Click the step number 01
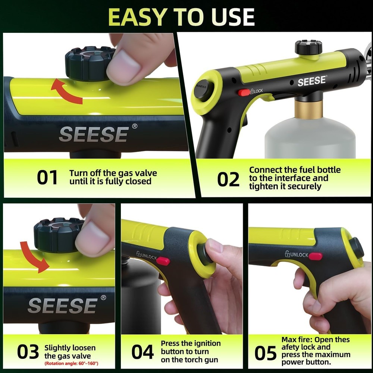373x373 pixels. pyautogui.click(x=47, y=178)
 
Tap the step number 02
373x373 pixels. pyautogui.click(x=228, y=179)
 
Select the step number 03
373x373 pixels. pyautogui.click(x=28, y=352)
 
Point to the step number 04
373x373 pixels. pyautogui.click(x=142, y=352)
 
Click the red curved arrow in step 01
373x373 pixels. pyautogui.click(x=66, y=90)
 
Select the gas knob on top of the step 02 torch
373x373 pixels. pyautogui.click(x=308, y=47)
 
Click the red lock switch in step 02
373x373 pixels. pyautogui.click(x=244, y=92)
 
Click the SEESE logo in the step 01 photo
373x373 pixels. pyautogui.click(x=94, y=134)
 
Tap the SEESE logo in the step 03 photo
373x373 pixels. pyautogui.click(x=62, y=305)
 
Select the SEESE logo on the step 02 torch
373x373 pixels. pyautogui.click(x=312, y=81)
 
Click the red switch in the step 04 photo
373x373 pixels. pyautogui.click(x=163, y=261)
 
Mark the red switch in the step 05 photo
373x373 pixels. pyautogui.click(x=316, y=256)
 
